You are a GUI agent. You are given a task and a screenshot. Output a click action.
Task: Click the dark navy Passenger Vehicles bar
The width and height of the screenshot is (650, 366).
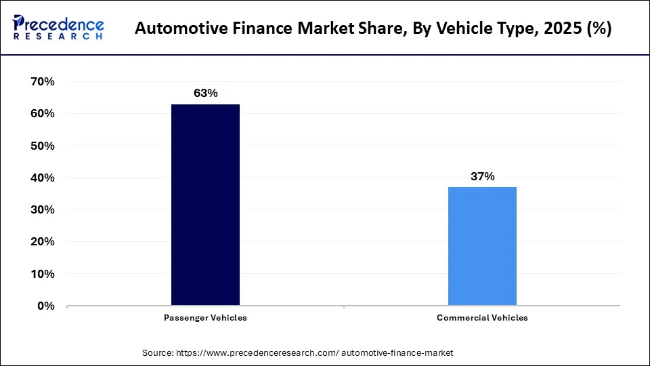click(205, 205)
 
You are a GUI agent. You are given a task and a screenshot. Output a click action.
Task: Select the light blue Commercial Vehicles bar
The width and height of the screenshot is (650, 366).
click(482, 246)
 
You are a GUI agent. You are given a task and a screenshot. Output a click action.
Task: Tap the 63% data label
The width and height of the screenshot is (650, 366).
click(205, 94)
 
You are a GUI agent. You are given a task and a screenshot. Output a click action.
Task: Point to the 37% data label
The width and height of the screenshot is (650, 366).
click(482, 176)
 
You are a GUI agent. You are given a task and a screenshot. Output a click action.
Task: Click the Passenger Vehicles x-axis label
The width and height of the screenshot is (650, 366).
click(205, 317)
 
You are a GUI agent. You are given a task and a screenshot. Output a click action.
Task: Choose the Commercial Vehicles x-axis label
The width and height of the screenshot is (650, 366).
click(482, 317)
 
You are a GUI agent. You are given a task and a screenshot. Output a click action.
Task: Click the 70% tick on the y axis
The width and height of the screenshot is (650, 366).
click(43, 82)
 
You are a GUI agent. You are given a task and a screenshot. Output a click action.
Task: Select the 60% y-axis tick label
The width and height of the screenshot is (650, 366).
click(43, 114)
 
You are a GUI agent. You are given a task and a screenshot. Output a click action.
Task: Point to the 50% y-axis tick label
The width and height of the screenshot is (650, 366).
click(43, 146)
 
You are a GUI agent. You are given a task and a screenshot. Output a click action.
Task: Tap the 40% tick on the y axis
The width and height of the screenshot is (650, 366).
click(43, 178)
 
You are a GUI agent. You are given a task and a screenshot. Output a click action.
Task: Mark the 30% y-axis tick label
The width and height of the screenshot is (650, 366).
click(43, 210)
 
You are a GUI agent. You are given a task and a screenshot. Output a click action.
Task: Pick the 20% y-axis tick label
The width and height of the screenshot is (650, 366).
click(43, 242)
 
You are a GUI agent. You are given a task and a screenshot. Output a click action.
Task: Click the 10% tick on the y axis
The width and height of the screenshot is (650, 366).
click(43, 274)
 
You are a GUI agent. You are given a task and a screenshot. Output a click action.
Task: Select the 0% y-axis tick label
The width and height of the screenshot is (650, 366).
click(45, 306)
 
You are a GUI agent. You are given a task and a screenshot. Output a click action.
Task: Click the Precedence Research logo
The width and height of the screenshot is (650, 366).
click(58, 28)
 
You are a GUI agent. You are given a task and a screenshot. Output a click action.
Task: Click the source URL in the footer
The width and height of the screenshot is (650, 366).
click(314, 353)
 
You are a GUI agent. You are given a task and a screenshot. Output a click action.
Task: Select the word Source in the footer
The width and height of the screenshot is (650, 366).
click(156, 353)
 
